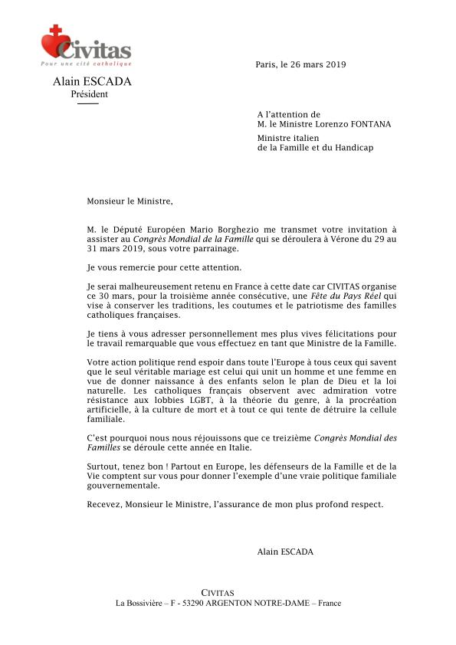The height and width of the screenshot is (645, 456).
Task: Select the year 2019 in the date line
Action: tap(335, 64)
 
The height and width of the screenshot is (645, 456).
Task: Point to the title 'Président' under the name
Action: tap(89, 94)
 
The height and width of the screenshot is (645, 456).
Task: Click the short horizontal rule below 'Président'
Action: tap(88, 103)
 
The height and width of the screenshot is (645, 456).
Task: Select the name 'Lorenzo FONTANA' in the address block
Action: tap(338, 124)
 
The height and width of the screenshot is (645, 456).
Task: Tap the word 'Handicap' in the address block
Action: tap(354, 147)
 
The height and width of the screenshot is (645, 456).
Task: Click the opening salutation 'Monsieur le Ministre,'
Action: tap(130, 202)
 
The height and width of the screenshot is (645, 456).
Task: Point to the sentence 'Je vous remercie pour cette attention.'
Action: tap(164, 267)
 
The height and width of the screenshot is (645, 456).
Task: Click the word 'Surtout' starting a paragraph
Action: tap(103, 465)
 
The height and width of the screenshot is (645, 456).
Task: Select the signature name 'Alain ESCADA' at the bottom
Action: tap(285, 551)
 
